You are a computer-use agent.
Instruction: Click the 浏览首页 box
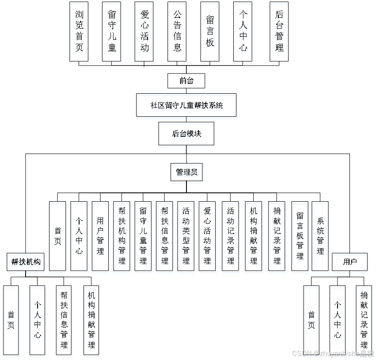tap(79, 31)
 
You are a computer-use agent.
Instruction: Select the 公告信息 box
tap(177, 31)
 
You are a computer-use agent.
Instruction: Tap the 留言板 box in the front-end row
tap(210, 31)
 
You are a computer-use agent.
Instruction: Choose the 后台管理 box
tap(279, 31)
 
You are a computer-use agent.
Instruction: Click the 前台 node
tap(186, 80)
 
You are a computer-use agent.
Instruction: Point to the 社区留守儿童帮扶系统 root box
tap(186, 105)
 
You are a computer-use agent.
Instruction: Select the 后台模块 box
tap(186, 134)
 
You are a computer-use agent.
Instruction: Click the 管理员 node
tap(186, 172)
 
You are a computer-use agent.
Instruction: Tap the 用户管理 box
tap(100, 236)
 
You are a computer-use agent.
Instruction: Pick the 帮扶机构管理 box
tap(122, 236)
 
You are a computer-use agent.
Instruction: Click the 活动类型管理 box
tap(186, 236)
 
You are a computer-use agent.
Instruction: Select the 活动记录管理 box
tap(230, 236)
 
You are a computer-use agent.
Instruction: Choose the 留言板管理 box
tap(300, 236)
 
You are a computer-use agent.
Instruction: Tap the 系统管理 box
tap(320, 236)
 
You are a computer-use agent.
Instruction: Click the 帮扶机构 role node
tap(26, 261)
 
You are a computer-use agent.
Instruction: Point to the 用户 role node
tap(350, 262)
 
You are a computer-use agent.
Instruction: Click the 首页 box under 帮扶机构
tap(11, 320)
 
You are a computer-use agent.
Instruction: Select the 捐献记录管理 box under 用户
tap(364, 320)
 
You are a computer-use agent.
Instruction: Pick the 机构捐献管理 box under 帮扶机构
tap(91, 320)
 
